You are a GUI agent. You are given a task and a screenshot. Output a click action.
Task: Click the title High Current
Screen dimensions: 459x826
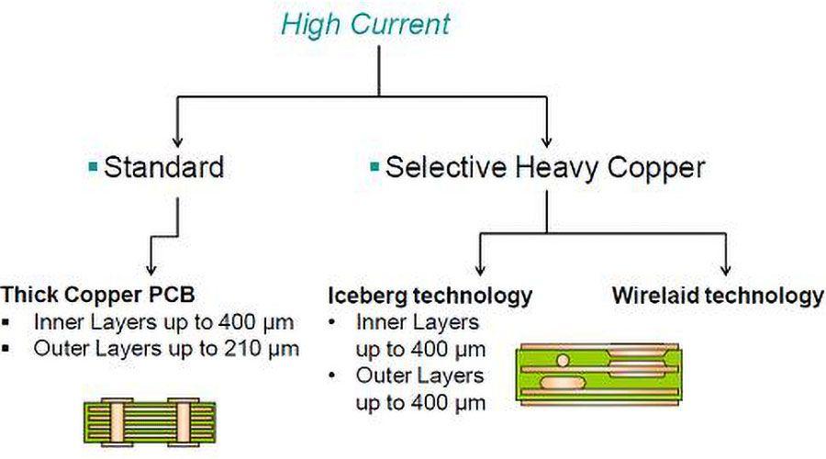[365, 23]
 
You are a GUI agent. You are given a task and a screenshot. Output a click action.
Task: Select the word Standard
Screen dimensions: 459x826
[163, 167]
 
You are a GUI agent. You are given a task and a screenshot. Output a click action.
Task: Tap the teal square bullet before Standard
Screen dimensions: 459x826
[93, 167]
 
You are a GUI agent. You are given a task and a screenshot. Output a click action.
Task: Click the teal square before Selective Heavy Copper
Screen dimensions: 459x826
[374, 167]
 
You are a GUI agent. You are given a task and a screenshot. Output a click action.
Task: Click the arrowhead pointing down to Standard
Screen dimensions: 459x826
[174, 139]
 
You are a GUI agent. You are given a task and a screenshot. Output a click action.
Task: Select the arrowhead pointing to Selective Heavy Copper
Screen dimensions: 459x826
[548, 139]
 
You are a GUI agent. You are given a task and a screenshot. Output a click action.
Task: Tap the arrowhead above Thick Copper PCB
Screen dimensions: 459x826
[149, 269]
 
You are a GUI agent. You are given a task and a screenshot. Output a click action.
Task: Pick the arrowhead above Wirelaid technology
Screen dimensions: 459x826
[725, 269]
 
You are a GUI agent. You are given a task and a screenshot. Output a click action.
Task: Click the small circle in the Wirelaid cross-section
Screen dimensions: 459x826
[563, 359]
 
